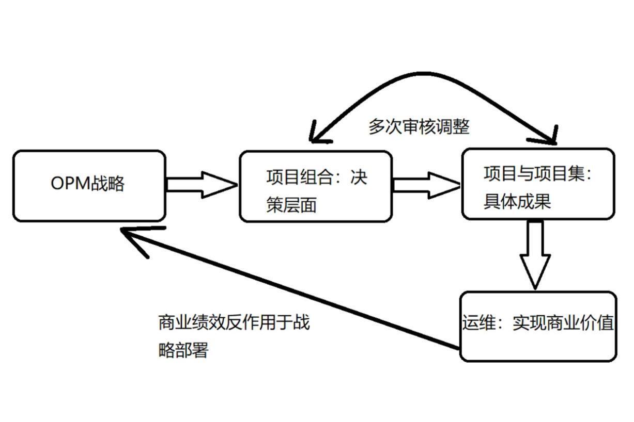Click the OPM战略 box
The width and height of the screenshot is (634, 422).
click(x=89, y=186)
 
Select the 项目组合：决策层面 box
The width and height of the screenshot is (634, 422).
click(x=315, y=186)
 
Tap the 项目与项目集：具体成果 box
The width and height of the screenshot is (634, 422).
click(x=537, y=184)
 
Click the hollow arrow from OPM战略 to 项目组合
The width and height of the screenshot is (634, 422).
click(x=202, y=185)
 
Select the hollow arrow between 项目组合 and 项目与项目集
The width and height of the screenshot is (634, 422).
click(x=426, y=185)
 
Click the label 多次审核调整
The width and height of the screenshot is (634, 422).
click(x=419, y=126)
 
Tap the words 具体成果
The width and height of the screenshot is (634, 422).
click(x=517, y=201)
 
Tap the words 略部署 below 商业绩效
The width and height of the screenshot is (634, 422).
click(x=183, y=351)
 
